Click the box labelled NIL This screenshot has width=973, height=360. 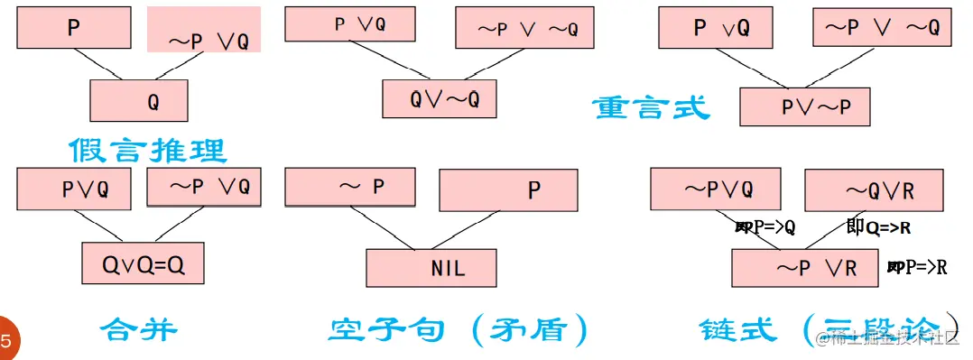coord(431,267)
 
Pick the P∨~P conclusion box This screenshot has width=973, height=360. coord(804,106)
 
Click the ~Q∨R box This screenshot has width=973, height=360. coord(873,190)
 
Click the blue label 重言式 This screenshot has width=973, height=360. coord(651,109)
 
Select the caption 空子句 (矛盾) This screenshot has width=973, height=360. coord(458,329)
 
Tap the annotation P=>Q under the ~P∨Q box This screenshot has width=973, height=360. coord(765,228)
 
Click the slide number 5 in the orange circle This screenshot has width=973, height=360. coord(6,341)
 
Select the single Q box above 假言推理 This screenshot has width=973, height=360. coord(139,100)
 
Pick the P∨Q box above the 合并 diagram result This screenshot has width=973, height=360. coord(79,189)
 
